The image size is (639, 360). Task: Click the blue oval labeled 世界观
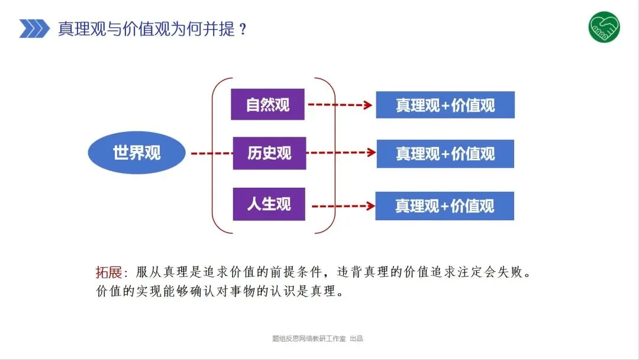tap(137, 153)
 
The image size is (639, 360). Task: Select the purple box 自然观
tap(267, 105)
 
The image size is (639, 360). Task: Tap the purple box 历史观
tap(269, 153)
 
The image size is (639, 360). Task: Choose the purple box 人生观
tap(269, 204)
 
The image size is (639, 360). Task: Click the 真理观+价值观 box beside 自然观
tap(445, 105)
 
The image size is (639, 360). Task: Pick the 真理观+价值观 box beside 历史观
tap(445, 154)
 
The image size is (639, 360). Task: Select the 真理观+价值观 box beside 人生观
tap(444, 206)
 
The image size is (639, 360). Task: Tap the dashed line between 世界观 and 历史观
tap(211, 153)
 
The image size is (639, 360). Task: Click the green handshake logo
tap(604, 27)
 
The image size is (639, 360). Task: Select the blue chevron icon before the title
tap(34, 28)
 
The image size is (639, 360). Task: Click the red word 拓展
tap(109, 272)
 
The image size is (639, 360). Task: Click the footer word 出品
tap(356, 339)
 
